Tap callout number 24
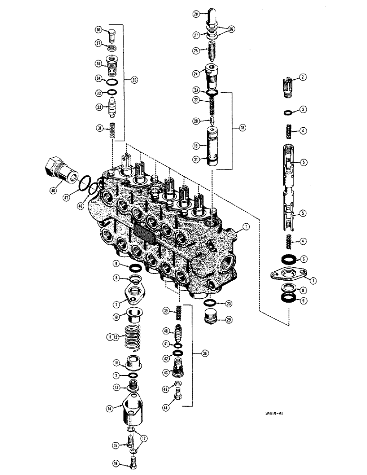coord(195,74)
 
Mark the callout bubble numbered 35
coord(98,63)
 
